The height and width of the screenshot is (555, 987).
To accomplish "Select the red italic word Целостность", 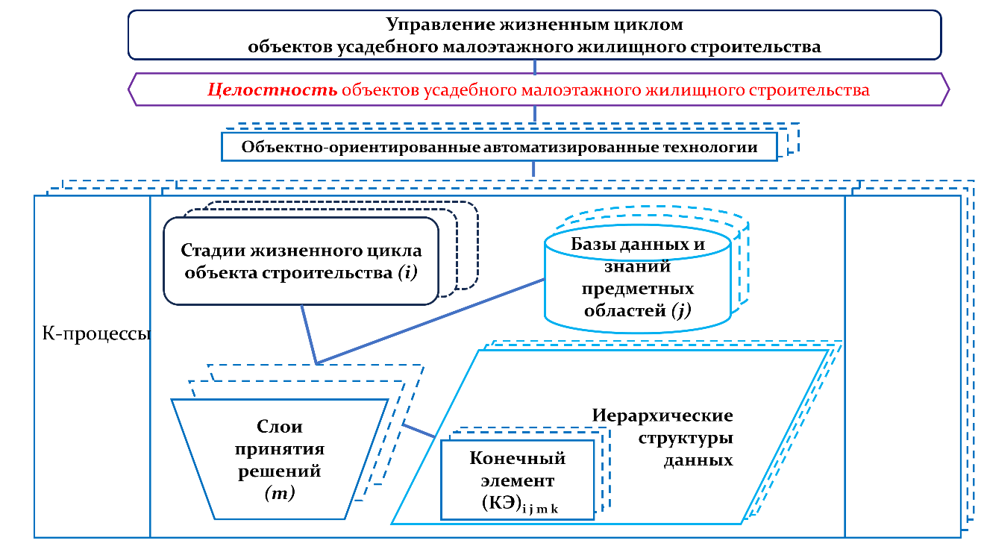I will click(x=272, y=90).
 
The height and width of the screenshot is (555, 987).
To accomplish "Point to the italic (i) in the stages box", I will click(x=408, y=272).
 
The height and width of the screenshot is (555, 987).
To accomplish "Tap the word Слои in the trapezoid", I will click(x=279, y=427).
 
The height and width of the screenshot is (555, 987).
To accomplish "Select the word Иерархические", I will click(x=662, y=416).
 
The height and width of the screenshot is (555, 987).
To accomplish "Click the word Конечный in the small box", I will click(x=517, y=457).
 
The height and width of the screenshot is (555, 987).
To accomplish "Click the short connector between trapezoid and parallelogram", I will click(x=419, y=430).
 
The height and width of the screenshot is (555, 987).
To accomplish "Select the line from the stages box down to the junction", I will click(x=309, y=334).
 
